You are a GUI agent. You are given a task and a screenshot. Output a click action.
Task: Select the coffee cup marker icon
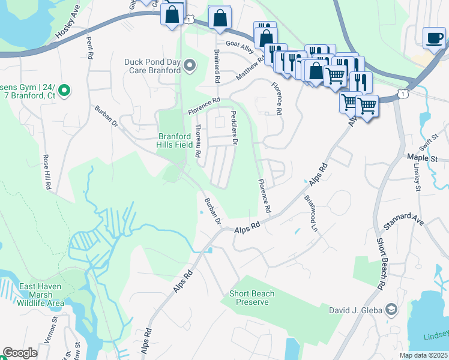click(x=434, y=38)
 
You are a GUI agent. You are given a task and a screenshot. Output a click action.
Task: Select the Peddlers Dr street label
click(x=235, y=128)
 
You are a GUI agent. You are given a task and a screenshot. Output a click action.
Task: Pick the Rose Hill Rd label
click(x=46, y=173)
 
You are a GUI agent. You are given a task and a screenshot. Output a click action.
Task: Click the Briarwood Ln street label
click(x=310, y=213)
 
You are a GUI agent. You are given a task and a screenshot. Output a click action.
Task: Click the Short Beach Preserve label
click(x=252, y=298)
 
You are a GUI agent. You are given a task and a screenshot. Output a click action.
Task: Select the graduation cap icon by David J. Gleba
click(x=391, y=310)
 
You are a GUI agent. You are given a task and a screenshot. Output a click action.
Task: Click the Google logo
click(x=20, y=353)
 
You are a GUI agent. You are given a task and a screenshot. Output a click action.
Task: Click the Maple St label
click(x=423, y=157)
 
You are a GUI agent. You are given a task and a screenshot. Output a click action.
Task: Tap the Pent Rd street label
click(x=91, y=49)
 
